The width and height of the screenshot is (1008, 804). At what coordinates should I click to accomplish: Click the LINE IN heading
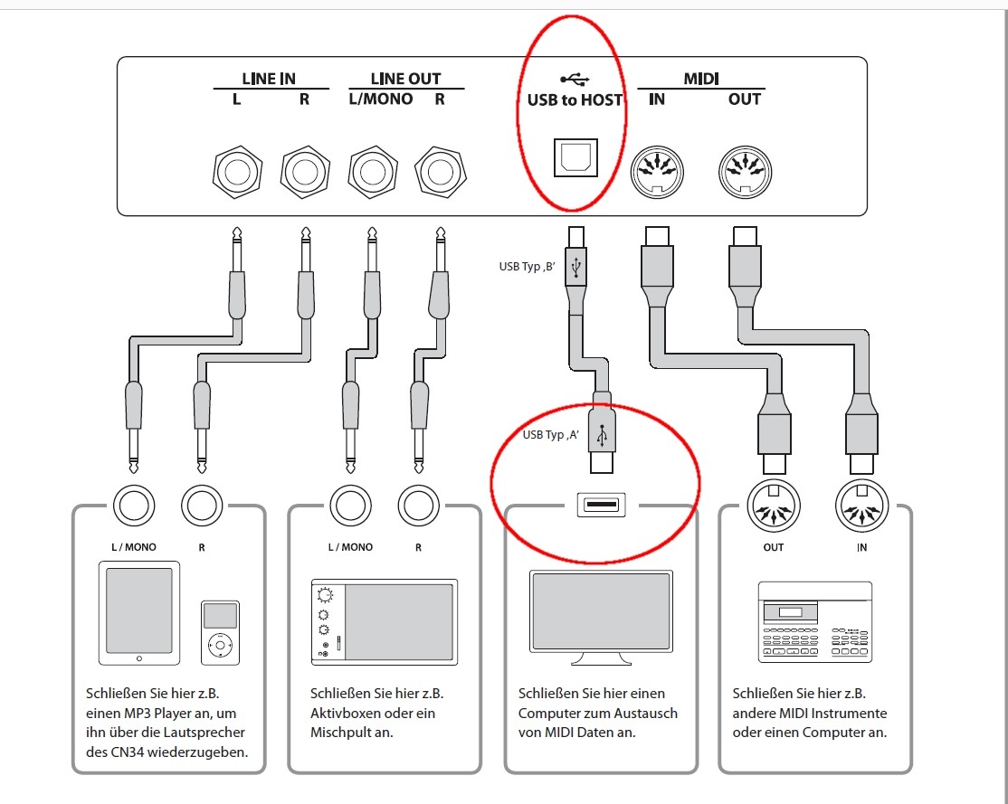(x=269, y=79)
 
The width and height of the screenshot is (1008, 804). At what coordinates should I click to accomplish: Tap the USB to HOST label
(x=575, y=99)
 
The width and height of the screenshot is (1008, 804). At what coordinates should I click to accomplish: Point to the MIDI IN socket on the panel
(x=657, y=170)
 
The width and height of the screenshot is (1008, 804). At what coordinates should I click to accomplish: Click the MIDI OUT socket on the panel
(x=744, y=170)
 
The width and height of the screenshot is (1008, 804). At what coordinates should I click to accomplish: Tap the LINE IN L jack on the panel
(x=237, y=170)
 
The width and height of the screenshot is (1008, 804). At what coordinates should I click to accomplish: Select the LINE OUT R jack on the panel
(x=440, y=170)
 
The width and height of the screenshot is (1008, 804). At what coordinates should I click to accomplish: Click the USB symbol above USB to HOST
(x=575, y=80)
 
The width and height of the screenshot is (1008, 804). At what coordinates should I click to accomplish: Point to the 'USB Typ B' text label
(x=526, y=266)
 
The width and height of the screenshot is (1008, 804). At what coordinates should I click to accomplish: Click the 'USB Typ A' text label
(x=550, y=435)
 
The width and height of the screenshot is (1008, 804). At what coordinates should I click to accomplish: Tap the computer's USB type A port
(x=601, y=505)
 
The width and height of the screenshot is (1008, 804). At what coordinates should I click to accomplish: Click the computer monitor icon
(x=601, y=617)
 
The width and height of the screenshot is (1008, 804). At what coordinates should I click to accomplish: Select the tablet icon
(x=139, y=612)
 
